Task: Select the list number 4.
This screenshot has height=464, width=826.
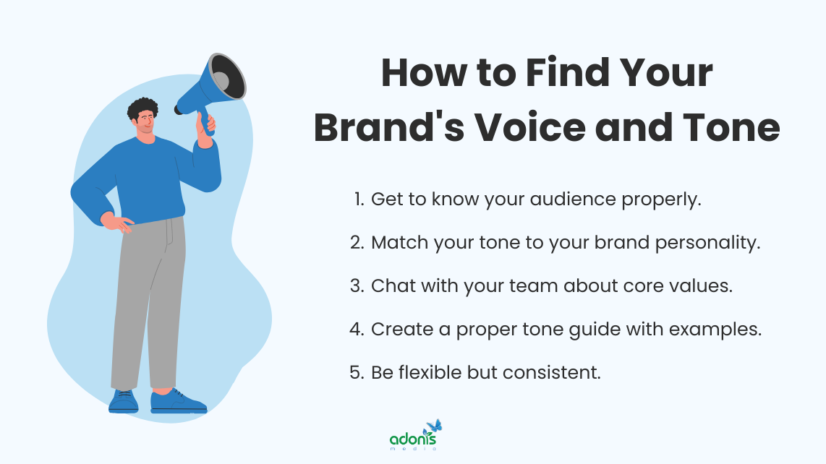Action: (356, 329)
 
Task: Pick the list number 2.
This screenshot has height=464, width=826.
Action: (356, 243)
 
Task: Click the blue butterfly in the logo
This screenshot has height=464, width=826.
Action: (434, 426)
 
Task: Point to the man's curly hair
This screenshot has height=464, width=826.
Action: (142, 109)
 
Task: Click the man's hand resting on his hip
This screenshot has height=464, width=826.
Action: (118, 223)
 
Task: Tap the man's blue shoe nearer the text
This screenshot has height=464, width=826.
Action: (178, 401)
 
